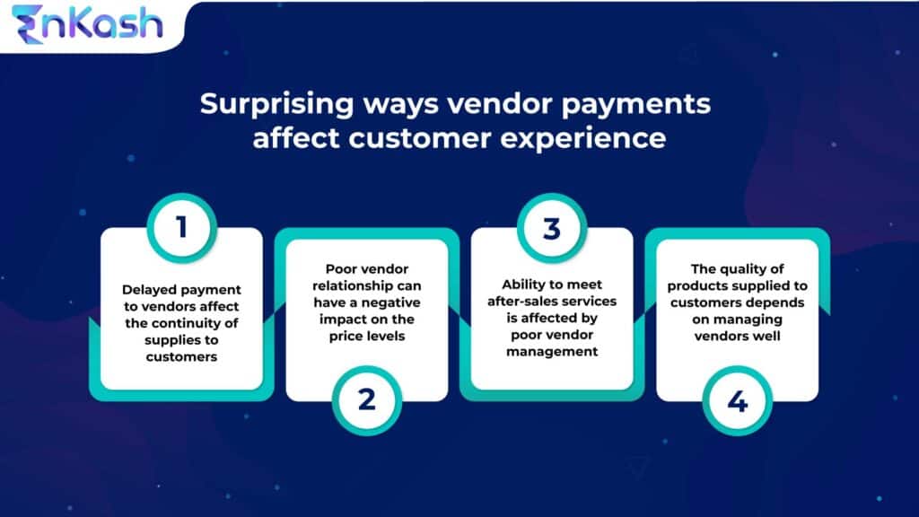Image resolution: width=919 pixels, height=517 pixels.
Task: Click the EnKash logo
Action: [87, 24]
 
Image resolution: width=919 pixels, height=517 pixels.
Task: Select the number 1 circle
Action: [182, 226]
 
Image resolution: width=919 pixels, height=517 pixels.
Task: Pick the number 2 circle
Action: [366, 399]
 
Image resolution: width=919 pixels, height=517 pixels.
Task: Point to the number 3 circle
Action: [551, 226]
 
